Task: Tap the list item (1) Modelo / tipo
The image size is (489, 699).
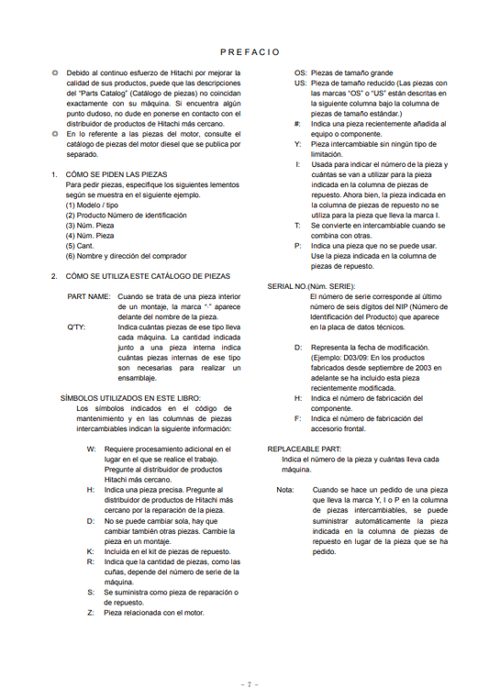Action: pos(97,205)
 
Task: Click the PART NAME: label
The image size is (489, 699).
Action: pos(89,296)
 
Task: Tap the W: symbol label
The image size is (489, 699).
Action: pos(91,449)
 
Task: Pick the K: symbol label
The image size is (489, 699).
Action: pos(91,551)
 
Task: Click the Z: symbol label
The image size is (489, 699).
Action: pos(91,612)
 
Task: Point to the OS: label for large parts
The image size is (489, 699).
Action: pos(300,72)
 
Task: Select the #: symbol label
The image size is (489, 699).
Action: pos(297,123)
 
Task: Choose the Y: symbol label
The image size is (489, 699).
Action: pos(297,144)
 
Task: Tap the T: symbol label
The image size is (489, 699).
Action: pos(296,225)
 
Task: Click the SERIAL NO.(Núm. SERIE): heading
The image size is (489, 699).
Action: pos(311,286)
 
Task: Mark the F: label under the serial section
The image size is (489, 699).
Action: pos(297,418)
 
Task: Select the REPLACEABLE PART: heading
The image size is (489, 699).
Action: pos(304,449)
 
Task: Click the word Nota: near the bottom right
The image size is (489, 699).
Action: pos(285,490)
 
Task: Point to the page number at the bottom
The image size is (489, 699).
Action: pos(244,683)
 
